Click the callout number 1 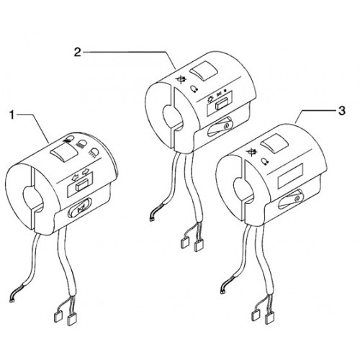click(12, 115)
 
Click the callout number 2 click(78, 52)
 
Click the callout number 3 click(341, 111)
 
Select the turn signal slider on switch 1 click(81, 186)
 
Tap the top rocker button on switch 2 click(203, 70)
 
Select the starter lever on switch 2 click(220, 127)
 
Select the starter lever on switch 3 click(290, 199)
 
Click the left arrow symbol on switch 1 click(75, 178)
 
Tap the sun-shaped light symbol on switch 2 click(210, 98)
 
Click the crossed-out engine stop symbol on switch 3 click(251, 152)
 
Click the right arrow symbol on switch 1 click(86, 171)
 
